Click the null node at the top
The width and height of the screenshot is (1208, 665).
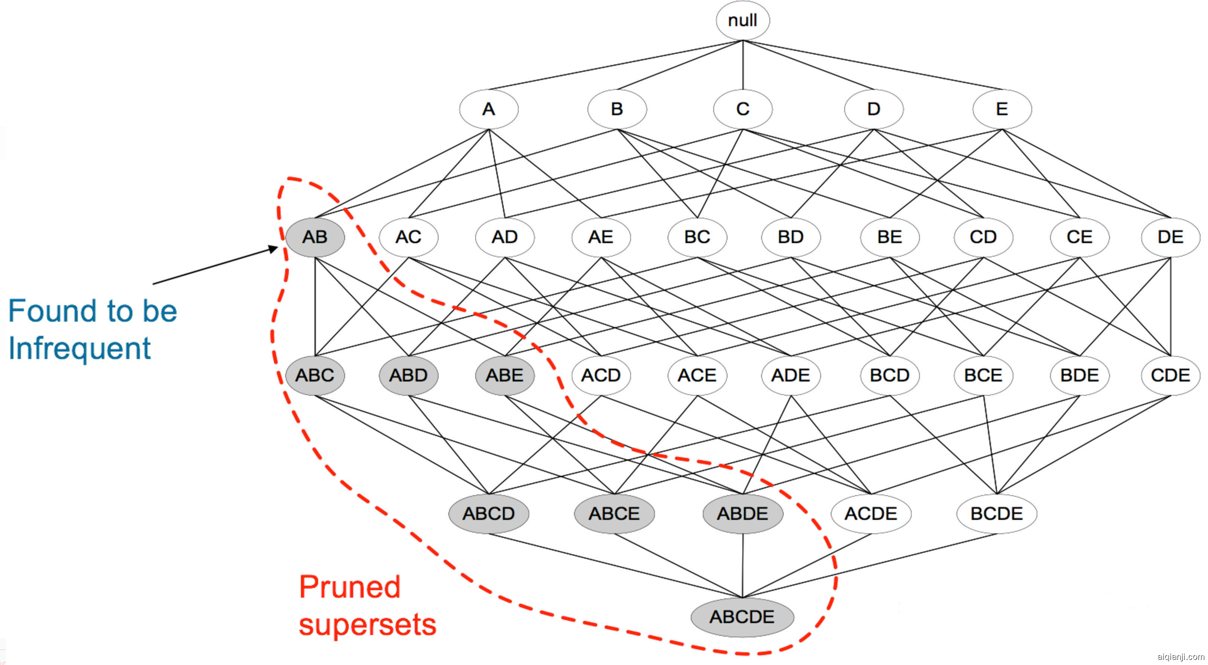742,20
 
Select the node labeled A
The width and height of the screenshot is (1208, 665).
489,109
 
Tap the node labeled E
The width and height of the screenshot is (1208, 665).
1002,109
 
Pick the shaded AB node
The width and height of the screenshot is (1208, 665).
315,237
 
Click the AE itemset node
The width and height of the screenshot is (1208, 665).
601,237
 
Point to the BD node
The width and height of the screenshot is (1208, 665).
791,237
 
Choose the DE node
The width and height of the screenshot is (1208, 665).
1170,237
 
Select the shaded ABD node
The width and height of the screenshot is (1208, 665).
408,376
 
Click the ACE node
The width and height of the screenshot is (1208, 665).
697,376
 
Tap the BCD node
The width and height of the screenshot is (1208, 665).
889,376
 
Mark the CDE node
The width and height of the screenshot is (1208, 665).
1170,376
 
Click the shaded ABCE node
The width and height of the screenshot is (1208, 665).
614,514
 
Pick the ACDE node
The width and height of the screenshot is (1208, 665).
871,514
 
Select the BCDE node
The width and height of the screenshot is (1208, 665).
997,514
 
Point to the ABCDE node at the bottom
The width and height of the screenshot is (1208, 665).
742,617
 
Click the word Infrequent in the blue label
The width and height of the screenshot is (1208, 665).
80,349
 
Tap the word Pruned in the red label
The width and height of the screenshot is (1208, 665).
350,587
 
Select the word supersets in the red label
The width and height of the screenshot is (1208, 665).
367,625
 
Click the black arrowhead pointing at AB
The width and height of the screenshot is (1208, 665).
274,248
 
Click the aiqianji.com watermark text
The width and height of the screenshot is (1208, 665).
1180,656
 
